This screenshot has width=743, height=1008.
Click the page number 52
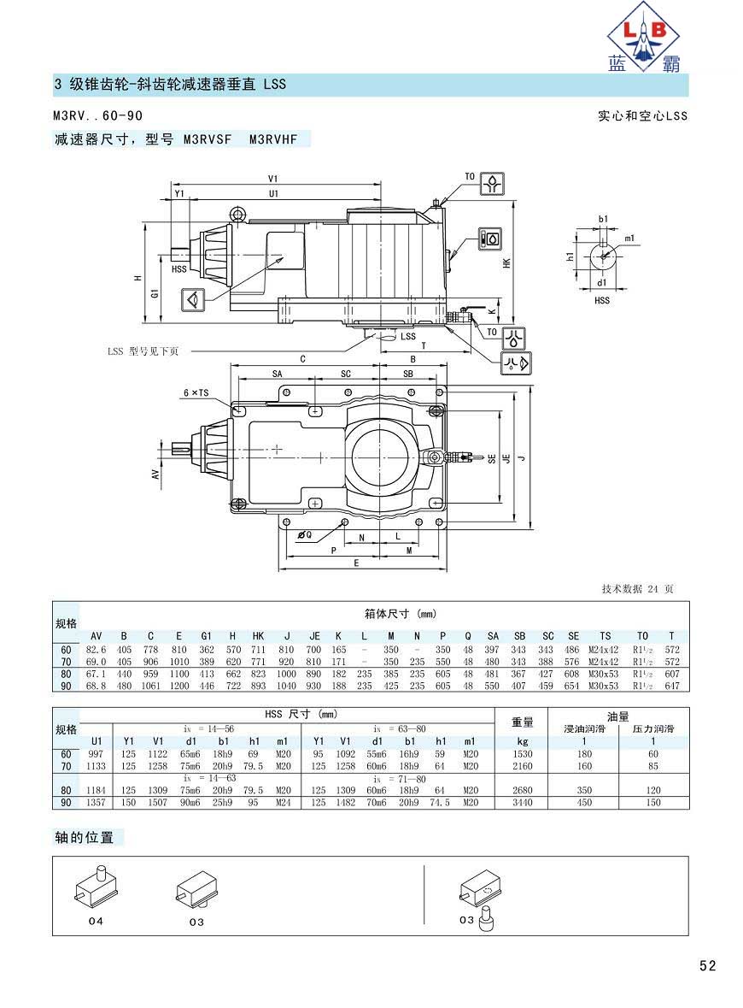point(707,965)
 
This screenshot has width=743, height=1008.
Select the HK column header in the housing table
point(258,636)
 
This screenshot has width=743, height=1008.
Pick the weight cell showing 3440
point(522,802)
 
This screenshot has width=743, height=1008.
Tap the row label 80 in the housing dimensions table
point(66,674)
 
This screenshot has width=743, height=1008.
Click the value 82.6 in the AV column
point(96,650)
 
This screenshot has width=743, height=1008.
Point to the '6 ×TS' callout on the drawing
point(196,392)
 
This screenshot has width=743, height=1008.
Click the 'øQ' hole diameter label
point(304,535)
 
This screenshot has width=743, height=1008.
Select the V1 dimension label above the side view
point(273,179)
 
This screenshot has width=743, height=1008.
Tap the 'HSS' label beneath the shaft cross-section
point(602,300)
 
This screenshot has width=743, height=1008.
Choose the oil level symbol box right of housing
point(491,239)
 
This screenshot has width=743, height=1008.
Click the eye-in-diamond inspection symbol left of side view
point(193,299)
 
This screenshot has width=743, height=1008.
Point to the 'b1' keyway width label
point(603,219)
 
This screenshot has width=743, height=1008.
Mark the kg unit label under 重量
point(522,741)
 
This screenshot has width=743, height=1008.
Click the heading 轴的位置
point(85,837)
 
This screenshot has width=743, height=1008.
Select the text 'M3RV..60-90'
point(97,115)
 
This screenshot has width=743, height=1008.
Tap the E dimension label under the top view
point(357,563)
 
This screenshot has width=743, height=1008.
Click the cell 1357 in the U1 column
point(96,802)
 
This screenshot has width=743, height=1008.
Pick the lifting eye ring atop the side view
point(238,213)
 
